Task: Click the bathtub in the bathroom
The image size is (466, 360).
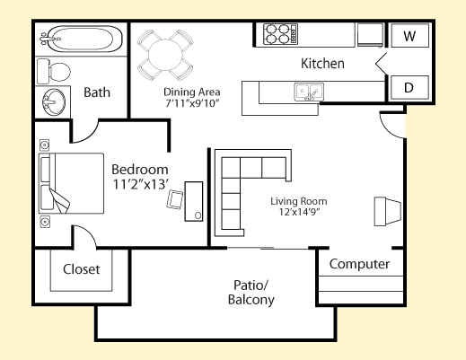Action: tap(82, 39)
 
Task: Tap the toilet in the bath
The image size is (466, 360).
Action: tap(54, 72)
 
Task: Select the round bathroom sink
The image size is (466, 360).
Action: tap(54, 102)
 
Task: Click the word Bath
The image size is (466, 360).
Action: tap(97, 92)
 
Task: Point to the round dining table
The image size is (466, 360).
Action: tap(165, 55)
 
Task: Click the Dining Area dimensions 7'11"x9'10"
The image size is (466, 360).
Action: tap(192, 103)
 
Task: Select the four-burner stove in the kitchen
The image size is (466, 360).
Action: tap(280, 34)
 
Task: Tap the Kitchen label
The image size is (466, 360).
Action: tap(322, 64)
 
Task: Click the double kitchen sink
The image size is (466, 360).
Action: tap(309, 92)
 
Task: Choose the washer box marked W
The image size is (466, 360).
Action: tap(409, 36)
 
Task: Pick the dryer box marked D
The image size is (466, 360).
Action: tap(409, 88)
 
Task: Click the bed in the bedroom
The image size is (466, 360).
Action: tap(71, 183)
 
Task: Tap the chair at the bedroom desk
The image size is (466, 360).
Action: tap(175, 199)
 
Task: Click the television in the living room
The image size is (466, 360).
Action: tap(388, 211)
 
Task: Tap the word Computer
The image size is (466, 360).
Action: tap(359, 264)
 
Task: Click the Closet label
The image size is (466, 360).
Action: tap(82, 269)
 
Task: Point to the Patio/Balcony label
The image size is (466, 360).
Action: tap(251, 293)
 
